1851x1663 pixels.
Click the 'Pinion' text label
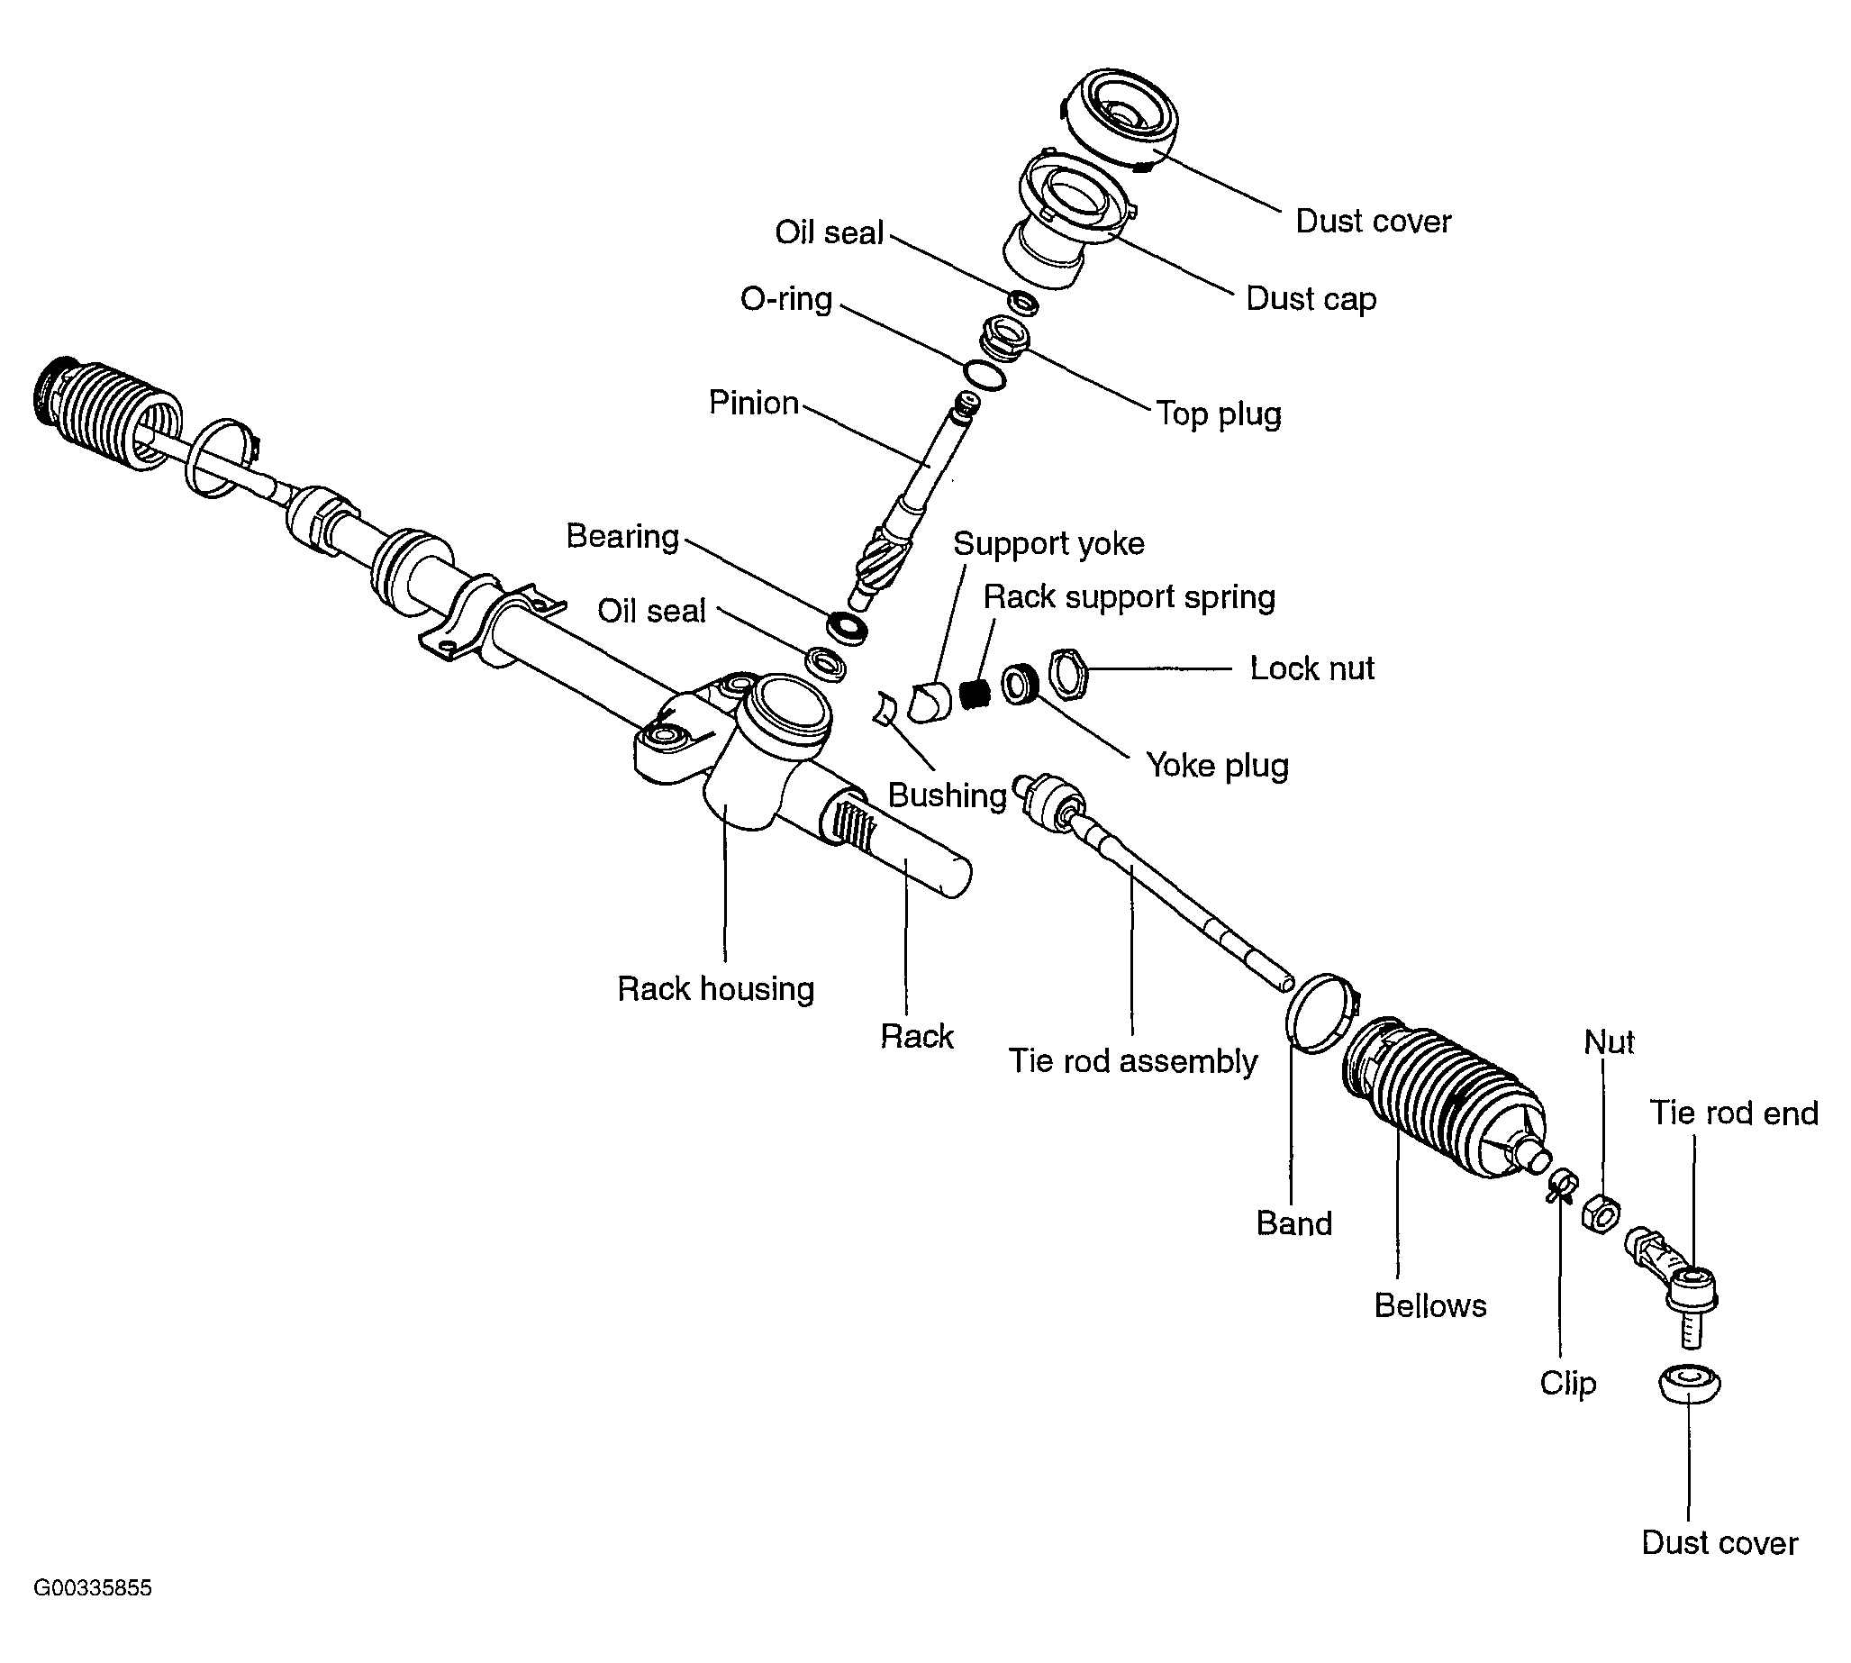(754, 403)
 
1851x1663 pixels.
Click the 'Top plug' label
(1218, 413)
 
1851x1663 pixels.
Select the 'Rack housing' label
(715, 988)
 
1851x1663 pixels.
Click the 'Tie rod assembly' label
(1132, 1061)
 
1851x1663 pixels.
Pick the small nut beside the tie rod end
(1601, 1213)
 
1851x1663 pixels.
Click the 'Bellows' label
(1429, 1305)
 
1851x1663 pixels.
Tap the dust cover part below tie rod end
(1688, 1385)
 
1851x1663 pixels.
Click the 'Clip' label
(1568, 1384)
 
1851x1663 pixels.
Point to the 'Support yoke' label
(1048, 544)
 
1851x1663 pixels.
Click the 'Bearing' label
(622, 536)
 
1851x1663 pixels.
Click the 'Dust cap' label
(1311, 299)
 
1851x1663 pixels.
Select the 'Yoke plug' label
(1217, 766)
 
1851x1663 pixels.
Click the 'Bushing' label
(947, 795)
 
